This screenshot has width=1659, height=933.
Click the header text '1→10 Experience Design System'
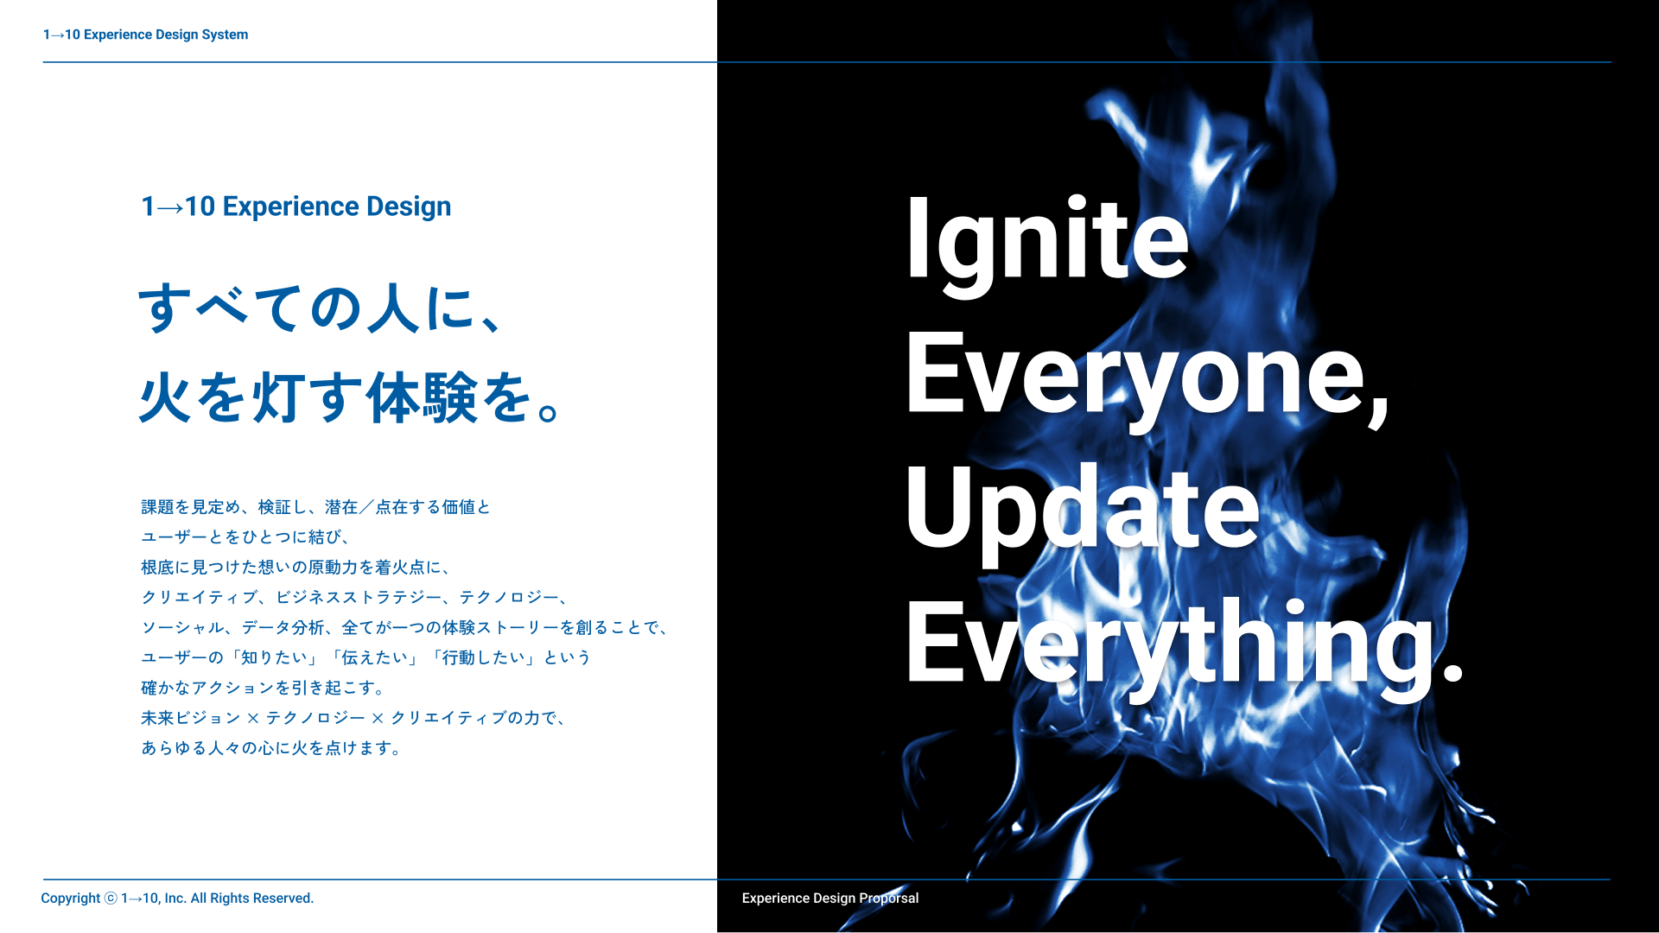145,35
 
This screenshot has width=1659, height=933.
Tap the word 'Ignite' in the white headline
1047,245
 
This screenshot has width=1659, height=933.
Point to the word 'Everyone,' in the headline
1147,380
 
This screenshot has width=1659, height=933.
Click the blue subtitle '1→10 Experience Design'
296,206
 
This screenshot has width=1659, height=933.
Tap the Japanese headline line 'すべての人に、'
321,308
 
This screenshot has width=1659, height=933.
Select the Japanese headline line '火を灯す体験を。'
351,397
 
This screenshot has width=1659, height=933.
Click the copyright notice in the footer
177,898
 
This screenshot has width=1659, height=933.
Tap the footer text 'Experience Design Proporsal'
830,898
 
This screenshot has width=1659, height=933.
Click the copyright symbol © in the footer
111,898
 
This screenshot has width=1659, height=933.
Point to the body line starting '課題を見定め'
315,507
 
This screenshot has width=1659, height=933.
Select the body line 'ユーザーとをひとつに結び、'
246,537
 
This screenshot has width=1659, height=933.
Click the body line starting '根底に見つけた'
296,568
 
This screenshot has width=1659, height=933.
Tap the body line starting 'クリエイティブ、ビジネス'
355,598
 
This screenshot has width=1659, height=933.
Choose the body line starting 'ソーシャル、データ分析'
405,628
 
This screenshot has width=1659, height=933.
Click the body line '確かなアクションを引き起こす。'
264,688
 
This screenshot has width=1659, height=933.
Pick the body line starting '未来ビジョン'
354,718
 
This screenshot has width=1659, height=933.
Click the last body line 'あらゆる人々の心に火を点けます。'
271,748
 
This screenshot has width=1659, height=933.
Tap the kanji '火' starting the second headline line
165,397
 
